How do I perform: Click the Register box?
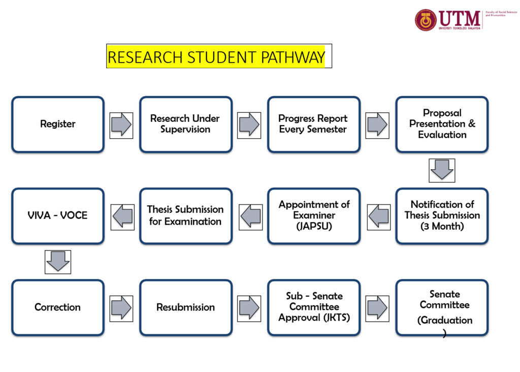58,124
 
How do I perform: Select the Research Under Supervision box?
185,124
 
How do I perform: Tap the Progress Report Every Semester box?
313,124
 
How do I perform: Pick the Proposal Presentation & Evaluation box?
442,124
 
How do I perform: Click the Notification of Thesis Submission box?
442,215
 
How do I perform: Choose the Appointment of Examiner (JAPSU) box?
314,215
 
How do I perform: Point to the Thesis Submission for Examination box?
185,215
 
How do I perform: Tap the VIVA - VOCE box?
58,215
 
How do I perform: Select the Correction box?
58,307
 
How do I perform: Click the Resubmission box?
185,307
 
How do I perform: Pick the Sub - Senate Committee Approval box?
314,307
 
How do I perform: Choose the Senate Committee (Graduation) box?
442,307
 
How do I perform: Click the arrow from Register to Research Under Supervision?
121,125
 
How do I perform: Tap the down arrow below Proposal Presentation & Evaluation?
442,170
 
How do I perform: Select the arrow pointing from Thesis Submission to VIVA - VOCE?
122,217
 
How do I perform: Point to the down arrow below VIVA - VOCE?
58,262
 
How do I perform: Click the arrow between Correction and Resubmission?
121,308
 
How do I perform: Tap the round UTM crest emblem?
426,20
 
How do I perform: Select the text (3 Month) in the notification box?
442,227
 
